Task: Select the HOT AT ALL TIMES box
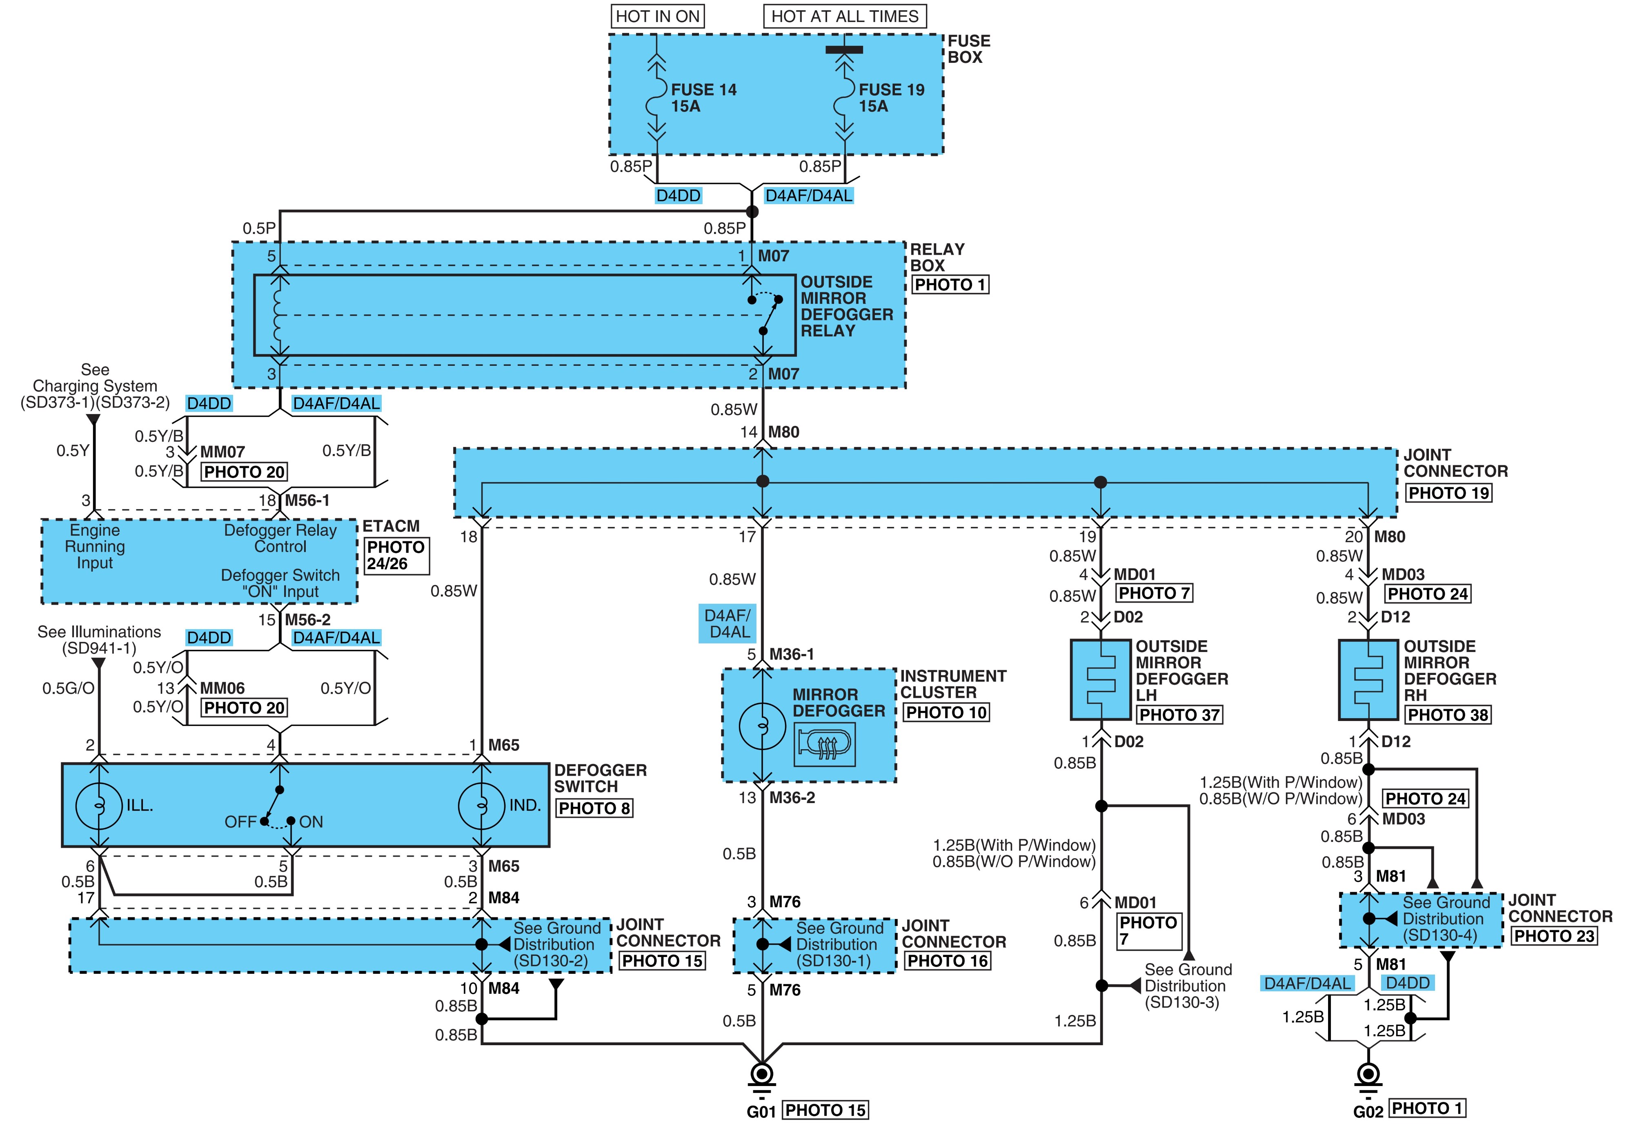[x=845, y=16]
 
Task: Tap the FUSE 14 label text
[x=703, y=89]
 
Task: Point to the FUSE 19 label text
[x=892, y=89]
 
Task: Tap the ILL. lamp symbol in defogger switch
[x=99, y=805]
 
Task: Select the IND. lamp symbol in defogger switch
[x=482, y=805]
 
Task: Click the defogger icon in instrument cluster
[x=825, y=744]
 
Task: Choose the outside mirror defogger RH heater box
[x=1368, y=680]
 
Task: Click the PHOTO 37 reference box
[x=1179, y=715]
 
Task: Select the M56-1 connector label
[x=307, y=501]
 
